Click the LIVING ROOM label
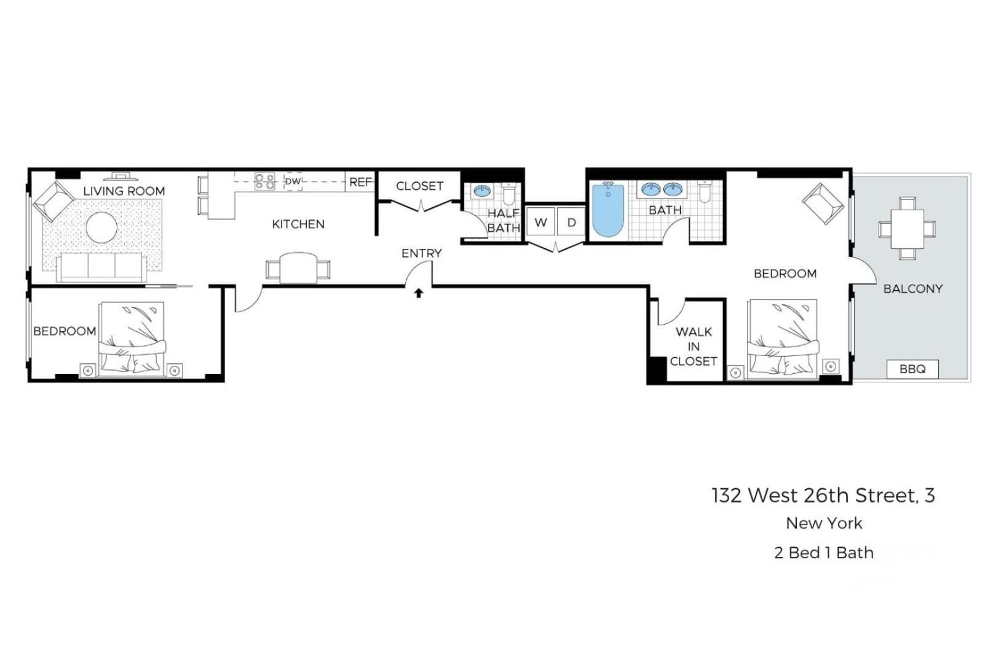(x=124, y=191)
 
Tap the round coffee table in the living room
(x=101, y=227)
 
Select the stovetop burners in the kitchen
(x=265, y=181)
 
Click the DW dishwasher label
(x=293, y=181)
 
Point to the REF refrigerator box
(x=360, y=182)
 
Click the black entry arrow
(x=419, y=293)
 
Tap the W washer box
(x=541, y=223)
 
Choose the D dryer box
(x=571, y=223)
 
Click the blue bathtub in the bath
(x=608, y=211)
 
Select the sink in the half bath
(x=482, y=191)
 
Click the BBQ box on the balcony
(x=912, y=369)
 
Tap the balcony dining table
(x=907, y=229)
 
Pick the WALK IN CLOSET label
(x=693, y=346)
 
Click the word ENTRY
(x=422, y=253)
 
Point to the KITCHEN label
(x=298, y=224)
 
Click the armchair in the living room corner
(x=53, y=200)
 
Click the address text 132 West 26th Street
(x=823, y=496)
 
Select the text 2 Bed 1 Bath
(x=824, y=553)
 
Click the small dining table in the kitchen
(x=298, y=268)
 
